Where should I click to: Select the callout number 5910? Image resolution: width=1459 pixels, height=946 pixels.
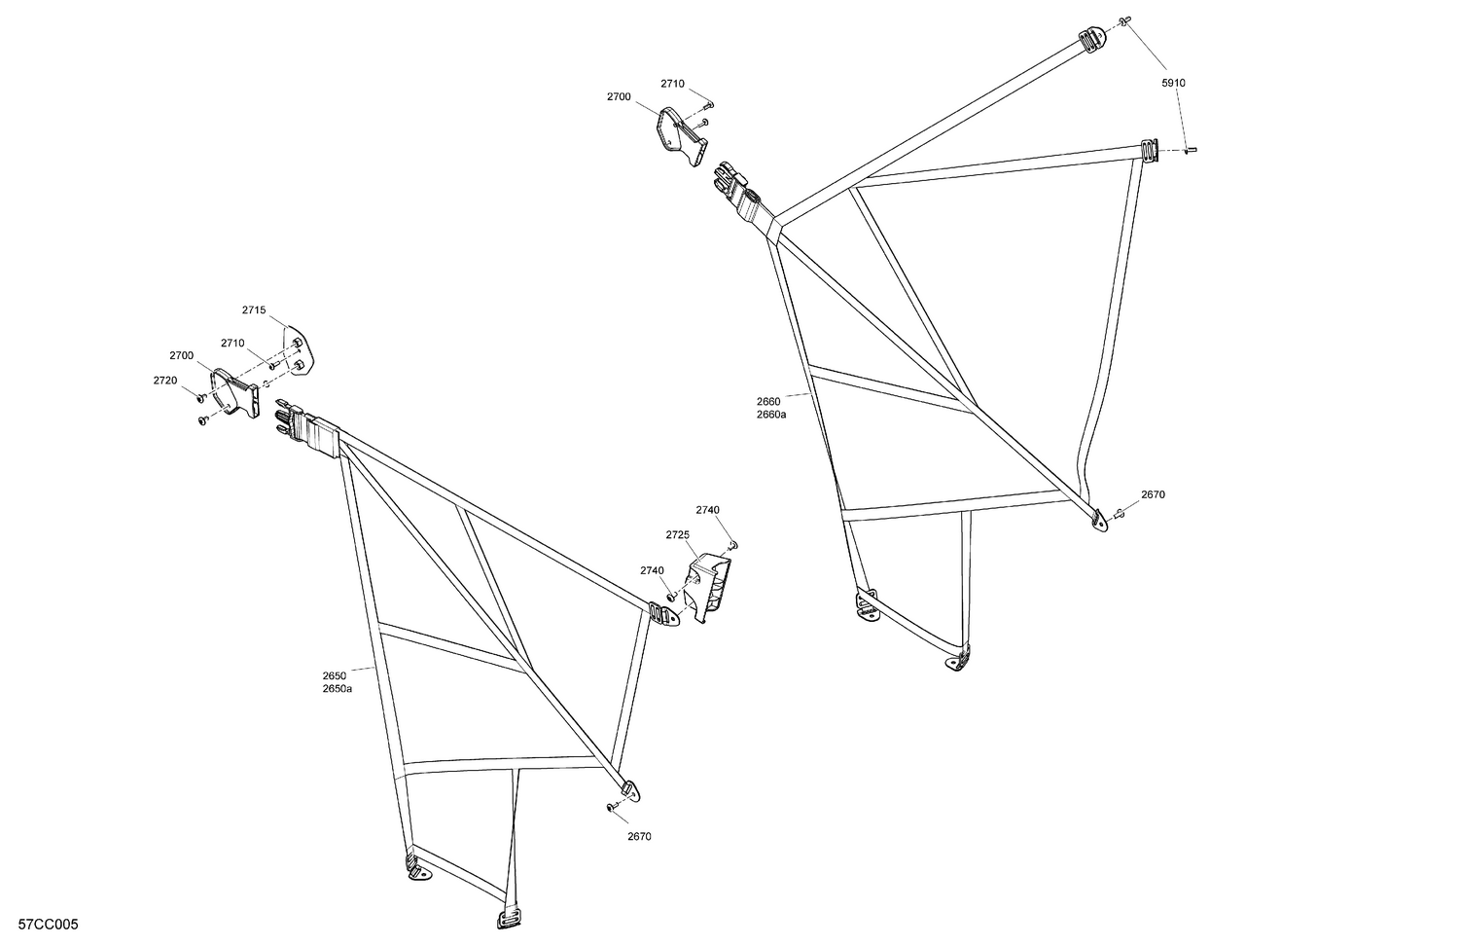point(1173,84)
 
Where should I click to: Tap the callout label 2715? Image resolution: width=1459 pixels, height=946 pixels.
point(254,309)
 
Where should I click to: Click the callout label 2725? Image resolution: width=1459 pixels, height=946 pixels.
point(678,535)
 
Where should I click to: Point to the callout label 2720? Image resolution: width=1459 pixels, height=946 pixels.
point(165,381)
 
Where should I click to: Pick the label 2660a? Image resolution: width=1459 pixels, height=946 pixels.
point(771,415)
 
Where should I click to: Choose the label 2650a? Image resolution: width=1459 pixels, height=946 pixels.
point(338,689)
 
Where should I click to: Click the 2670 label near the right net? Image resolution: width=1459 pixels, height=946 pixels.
point(1153,494)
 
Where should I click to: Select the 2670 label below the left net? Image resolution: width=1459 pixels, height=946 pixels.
point(639,836)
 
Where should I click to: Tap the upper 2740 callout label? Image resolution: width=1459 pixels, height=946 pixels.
point(707,510)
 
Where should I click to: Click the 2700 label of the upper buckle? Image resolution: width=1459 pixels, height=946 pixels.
point(619,97)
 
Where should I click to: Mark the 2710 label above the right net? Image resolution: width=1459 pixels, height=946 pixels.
point(672,84)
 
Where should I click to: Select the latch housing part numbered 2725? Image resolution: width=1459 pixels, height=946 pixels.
point(710,588)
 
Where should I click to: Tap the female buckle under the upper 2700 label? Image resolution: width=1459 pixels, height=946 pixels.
point(680,138)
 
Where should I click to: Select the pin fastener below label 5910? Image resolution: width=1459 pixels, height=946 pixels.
point(1192,150)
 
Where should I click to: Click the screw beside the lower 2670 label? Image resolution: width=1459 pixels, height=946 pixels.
point(609,806)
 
